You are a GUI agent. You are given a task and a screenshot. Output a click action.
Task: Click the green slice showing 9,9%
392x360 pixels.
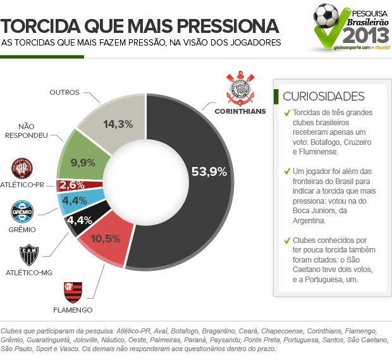click(83, 163)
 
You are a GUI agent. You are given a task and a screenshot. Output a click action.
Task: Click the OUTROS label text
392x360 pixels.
click(64, 92)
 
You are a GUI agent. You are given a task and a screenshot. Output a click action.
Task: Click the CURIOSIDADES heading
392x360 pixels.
click(323, 96)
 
